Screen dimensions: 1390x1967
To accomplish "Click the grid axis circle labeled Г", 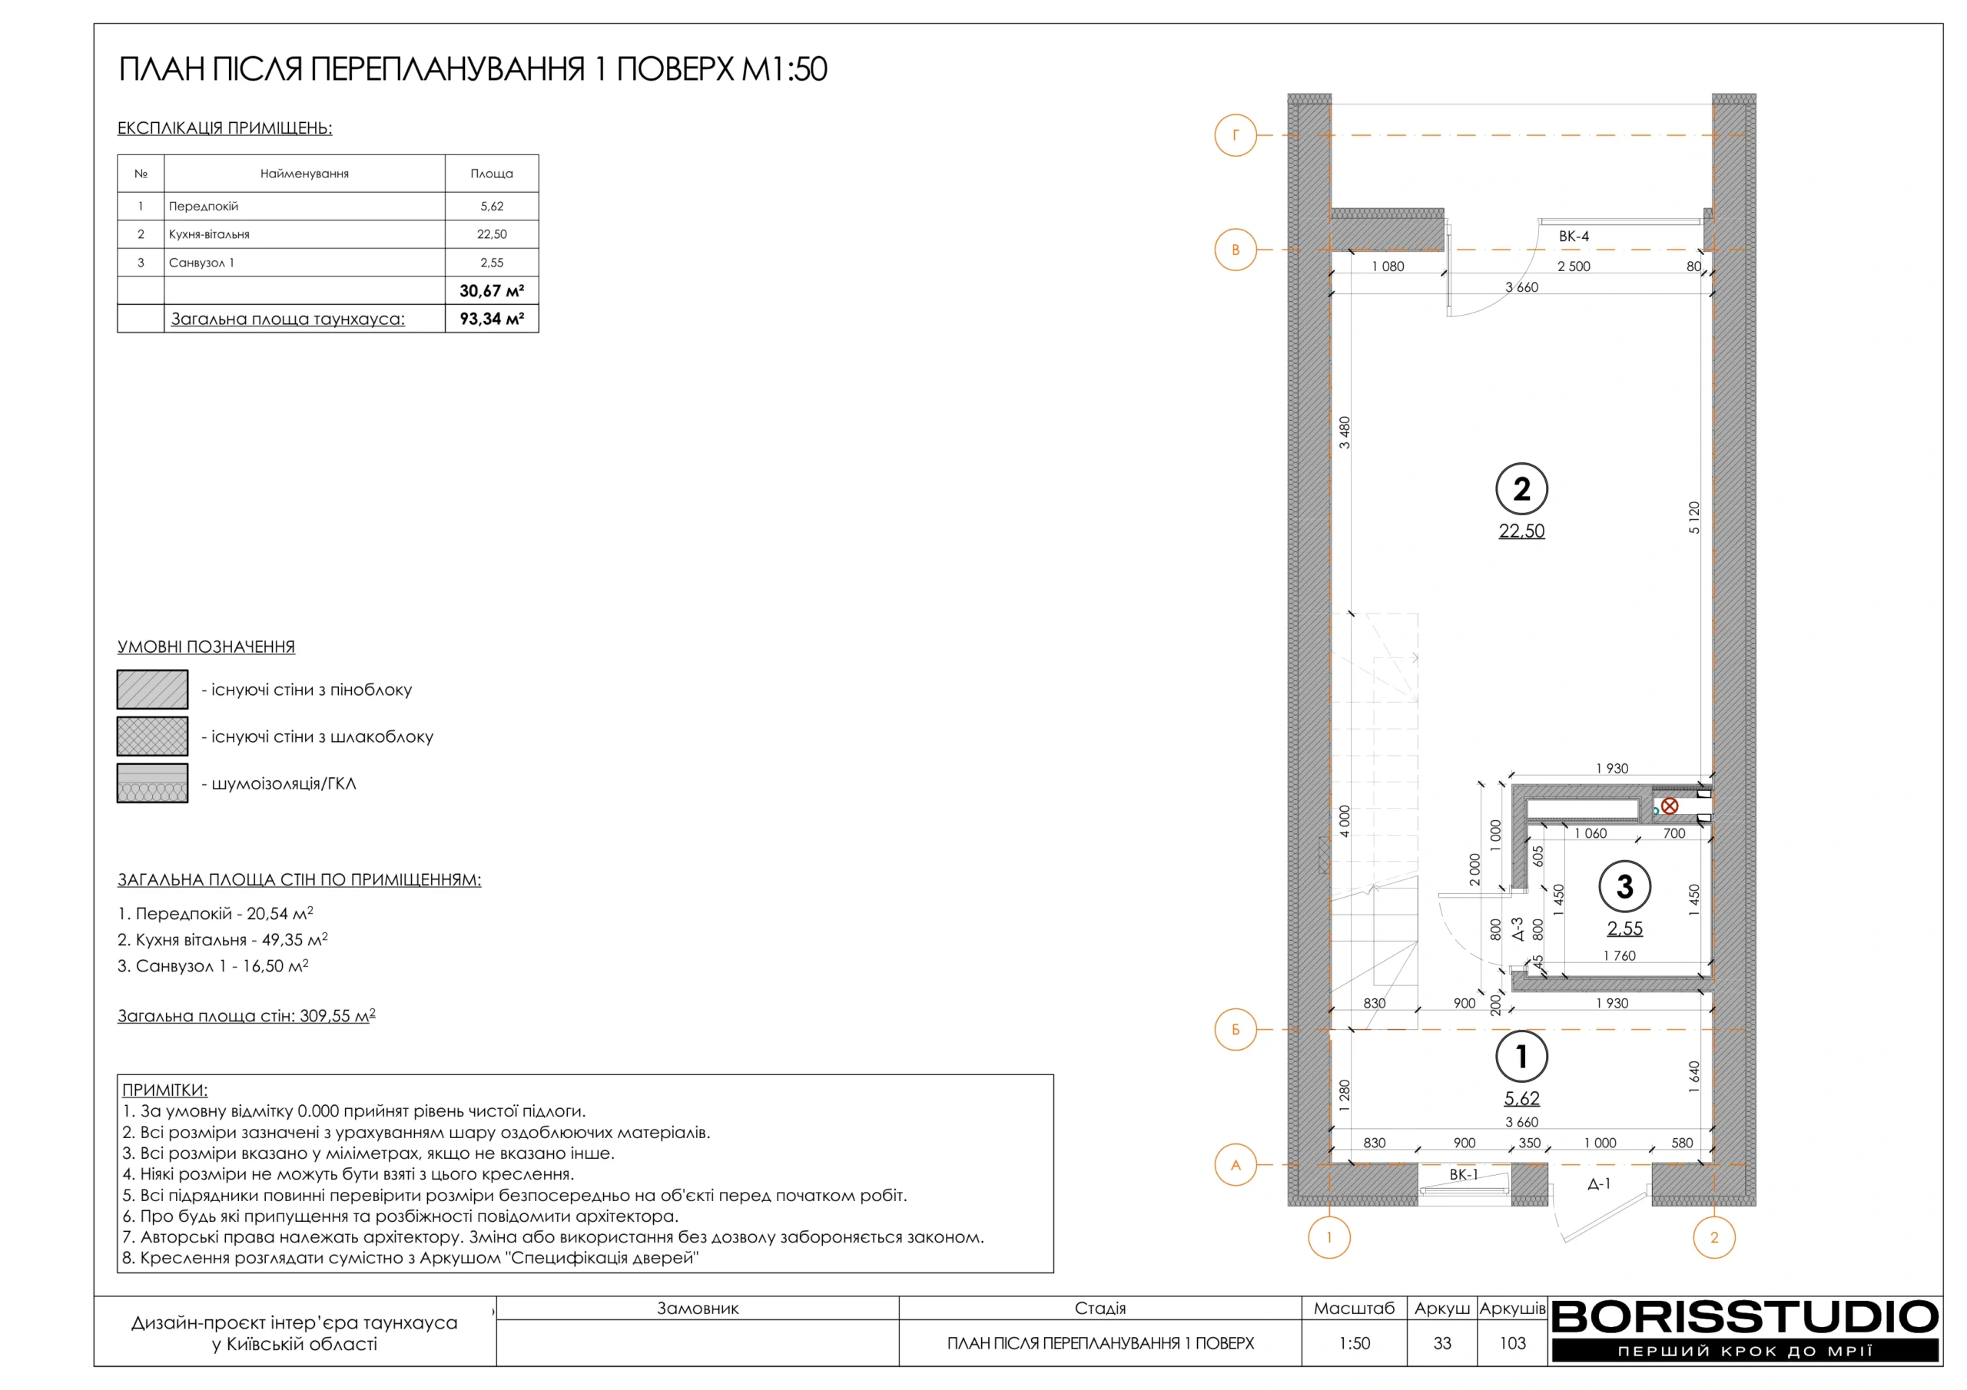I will click(1235, 135).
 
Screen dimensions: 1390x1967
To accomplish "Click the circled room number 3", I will click(1624, 887).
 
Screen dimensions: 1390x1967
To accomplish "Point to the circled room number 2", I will click(1521, 489).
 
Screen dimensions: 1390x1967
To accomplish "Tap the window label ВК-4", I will click(1574, 237).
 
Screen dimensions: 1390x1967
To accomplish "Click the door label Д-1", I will click(1599, 1184).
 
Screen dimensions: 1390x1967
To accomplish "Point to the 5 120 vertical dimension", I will click(1693, 518).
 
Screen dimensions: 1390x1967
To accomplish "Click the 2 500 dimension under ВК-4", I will click(1574, 266).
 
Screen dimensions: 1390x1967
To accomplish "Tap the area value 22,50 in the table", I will click(492, 233).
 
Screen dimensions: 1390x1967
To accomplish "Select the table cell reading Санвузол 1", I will click(201, 263).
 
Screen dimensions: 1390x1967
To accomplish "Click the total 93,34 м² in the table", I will click(492, 319).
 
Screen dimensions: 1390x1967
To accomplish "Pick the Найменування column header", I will click(304, 174).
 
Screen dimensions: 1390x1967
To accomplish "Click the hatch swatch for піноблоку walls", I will click(152, 690).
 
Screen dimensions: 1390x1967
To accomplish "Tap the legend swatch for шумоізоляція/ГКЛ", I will click(152, 783).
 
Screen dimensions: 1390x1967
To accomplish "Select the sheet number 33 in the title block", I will click(1442, 1343).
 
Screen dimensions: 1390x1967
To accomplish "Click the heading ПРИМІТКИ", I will click(164, 1090).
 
